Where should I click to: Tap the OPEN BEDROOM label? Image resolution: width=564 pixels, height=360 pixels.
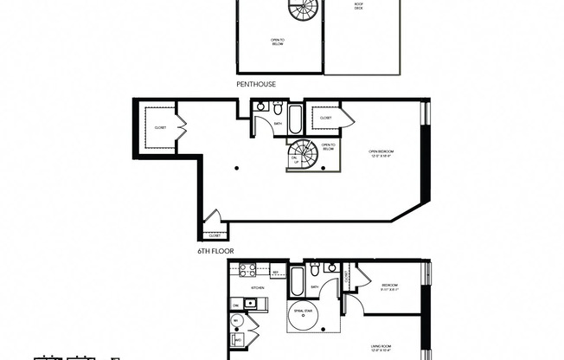click(x=380, y=154)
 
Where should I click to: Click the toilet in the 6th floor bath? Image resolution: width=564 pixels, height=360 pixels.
click(x=275, y=109)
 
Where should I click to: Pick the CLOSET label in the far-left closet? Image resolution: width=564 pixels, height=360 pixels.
click(x=160, y=127)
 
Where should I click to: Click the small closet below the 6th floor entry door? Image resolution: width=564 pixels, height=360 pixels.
click(x=214, y=234)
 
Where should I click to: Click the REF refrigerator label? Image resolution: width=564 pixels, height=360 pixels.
click(x=274, y=272)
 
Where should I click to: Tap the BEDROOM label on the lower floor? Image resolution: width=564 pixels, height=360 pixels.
click(x=390, y=286)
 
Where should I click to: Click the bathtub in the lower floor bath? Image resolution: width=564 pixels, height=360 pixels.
click(x=296, y=280)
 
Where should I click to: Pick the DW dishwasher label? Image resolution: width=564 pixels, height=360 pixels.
click(x=235, y=305)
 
